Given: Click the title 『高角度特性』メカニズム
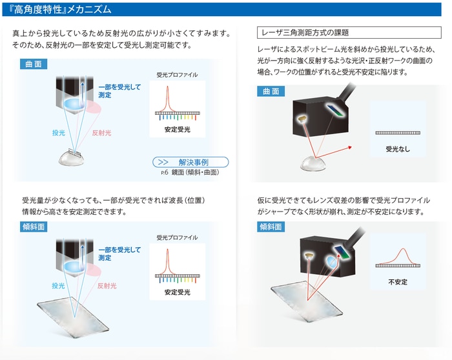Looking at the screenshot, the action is click(x=60, y=10).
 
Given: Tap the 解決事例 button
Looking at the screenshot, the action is click(x=190, y=162).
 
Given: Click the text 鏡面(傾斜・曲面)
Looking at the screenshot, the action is click(x=195, y=172).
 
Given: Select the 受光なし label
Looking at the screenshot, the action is click(x=398, y=149).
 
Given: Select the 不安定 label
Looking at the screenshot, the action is click(x=398, y=282).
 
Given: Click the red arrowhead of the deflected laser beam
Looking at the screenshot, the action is click(x=350, y=148).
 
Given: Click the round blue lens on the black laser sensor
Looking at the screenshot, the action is click(x=332, y=262).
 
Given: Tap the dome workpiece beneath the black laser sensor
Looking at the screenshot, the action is click(x=313, y=164).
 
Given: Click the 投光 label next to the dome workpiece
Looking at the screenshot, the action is click(x=59, y=133).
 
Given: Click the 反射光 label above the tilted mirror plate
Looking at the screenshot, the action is click(x=107, y=286).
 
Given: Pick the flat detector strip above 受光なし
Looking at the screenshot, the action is click(x=398, y=133).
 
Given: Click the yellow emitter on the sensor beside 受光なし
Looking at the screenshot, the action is click(x=302, y=119).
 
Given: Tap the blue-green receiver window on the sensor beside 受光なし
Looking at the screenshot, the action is click(x=336, y=110).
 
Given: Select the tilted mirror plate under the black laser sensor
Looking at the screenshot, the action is click(x=307, y=301).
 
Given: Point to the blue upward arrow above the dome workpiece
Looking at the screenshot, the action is click(x=83, y=93).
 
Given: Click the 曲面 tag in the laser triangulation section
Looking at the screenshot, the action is click(x=271, y=92).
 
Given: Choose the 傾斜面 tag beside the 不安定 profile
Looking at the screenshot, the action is click(x=271, y=226).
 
